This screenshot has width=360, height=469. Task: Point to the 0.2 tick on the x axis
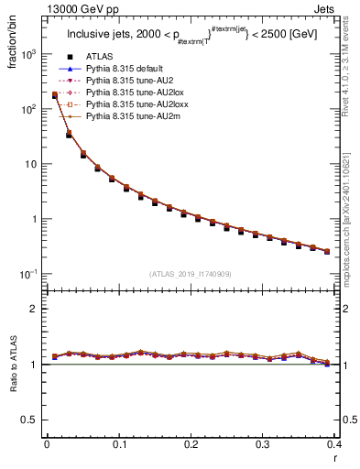pyautogui.click(x=191, y=445)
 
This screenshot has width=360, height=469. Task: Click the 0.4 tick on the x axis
pyautogui.click(x=333, y=445)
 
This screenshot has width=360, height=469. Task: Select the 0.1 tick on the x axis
pyautogui.click(x=119, y=445)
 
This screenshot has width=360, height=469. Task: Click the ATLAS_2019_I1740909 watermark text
pyautogui.click(x=190, y=274)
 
